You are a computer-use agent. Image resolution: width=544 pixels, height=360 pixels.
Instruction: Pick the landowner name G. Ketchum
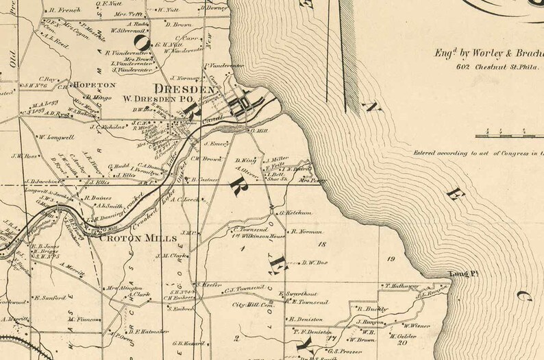(297, 213)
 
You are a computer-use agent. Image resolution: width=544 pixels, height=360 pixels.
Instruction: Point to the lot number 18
(322, 244)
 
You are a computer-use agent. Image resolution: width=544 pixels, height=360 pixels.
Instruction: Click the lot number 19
(391, 259)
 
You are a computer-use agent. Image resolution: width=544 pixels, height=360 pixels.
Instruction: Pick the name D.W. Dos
(317, 261)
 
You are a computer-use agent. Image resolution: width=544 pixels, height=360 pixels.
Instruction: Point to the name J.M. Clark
(171, 256)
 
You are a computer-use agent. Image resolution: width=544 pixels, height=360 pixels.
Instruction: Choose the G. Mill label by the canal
(258, 130)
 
